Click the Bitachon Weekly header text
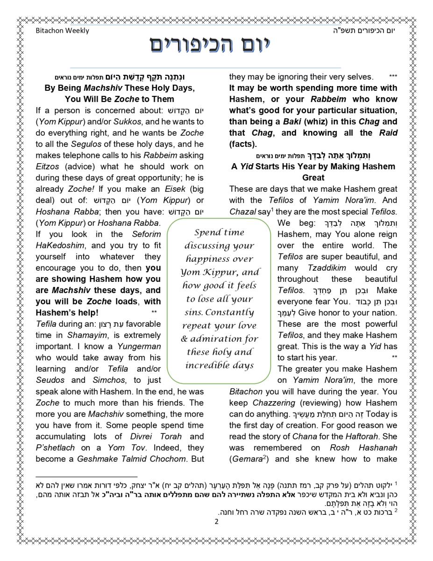click(x=62, y=31)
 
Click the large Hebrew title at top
click(x=211, y=45)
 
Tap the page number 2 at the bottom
click(x=216, y=522)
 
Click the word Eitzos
click(x=47, y=166)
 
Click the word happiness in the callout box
click(x=220, y=259)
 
